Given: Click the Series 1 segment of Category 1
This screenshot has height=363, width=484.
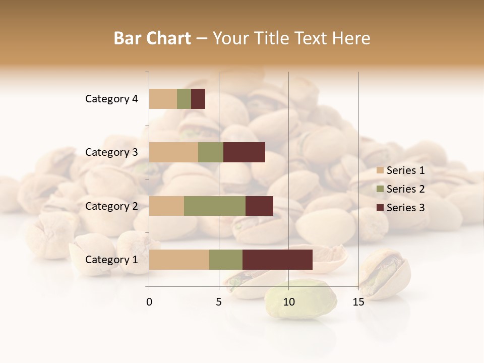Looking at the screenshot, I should [x=179, y=260].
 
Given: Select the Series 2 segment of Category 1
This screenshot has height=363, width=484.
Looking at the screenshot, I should [x=226, y=260].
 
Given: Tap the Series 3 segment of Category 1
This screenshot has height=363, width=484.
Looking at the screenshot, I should [x=277, y=260].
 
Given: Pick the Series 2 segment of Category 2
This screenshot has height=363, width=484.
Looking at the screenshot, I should [x=215, y=206].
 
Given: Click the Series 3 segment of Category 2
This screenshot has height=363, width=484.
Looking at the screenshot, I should [x=259, y=206].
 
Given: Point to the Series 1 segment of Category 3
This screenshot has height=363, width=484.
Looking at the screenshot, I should [x=173, y=152].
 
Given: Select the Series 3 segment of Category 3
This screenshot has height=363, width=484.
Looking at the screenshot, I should [x=244, y=152].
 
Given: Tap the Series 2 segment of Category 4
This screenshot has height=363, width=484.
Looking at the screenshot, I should [x=184, y=99].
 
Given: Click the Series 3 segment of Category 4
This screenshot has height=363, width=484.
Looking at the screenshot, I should [x=198, y=99].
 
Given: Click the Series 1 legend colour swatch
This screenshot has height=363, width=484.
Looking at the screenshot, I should [x=380, y=170].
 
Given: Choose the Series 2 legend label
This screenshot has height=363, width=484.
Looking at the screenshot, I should [x=405, y=189].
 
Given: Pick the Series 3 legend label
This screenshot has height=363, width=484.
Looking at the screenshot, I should [x=405, y=208].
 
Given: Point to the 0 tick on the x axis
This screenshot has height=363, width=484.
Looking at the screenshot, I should [x=149, y=302].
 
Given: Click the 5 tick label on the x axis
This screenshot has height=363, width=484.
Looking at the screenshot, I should [x=219, y=302].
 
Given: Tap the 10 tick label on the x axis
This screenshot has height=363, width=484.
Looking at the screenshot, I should [x=288, y=302].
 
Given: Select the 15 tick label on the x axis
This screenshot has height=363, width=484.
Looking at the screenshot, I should [x=358, y=302].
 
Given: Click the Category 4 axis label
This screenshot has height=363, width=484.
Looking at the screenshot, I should [x=111, y=99].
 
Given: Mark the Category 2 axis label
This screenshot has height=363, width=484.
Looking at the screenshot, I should [x=111, y=206].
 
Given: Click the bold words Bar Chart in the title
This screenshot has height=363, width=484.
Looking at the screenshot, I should [x=152, y=38].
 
